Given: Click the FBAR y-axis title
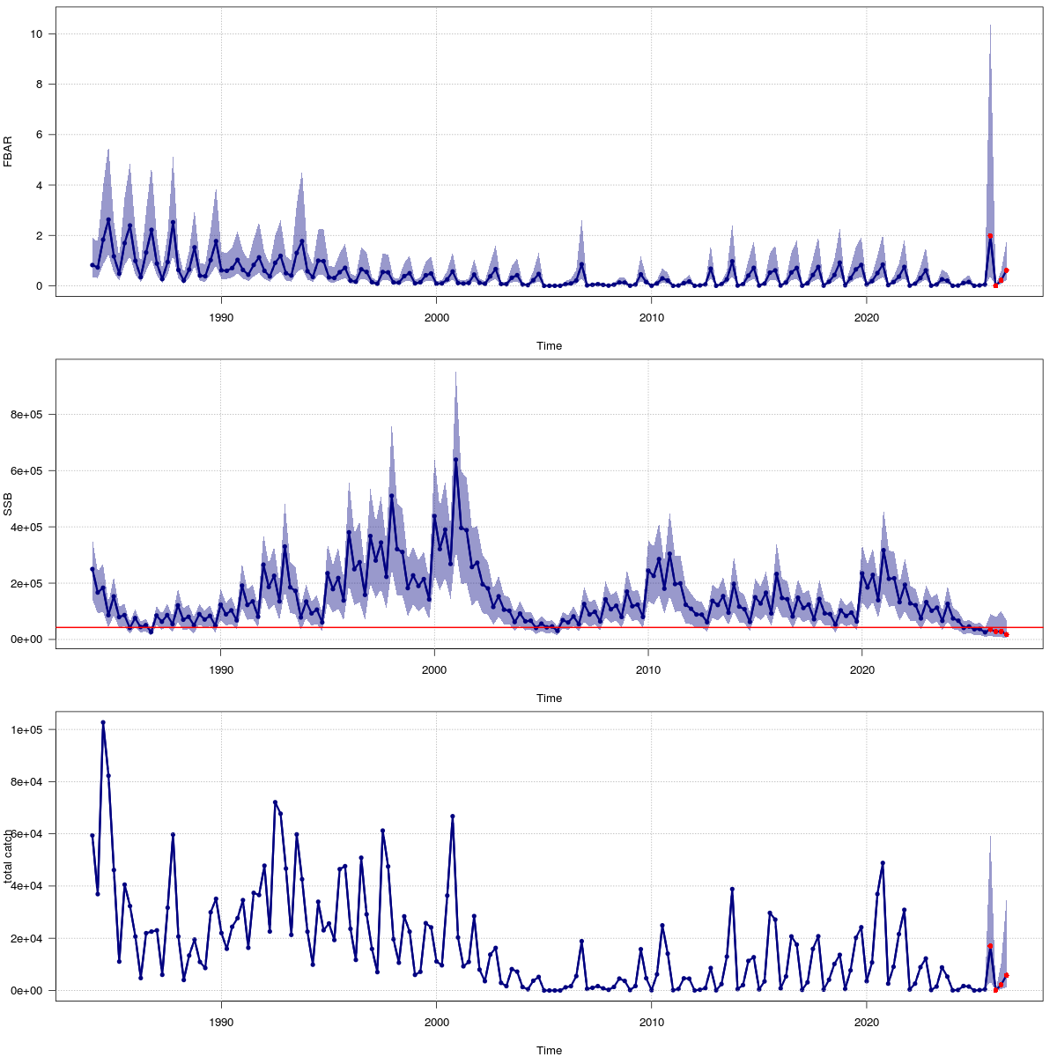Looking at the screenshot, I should [8, 152].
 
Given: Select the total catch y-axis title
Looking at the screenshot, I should [8, 856].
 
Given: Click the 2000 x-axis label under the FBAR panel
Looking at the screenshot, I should [436, 317].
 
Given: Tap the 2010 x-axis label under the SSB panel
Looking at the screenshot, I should [648, 669].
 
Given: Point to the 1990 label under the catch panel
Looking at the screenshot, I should [221, 1022].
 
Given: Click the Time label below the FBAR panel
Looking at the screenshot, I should [549, 346].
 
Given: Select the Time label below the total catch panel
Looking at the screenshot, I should [549, 1050].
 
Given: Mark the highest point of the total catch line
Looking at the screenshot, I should [103, 722].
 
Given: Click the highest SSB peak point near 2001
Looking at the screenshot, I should [455, 460].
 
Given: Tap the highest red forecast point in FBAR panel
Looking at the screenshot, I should [990, 236].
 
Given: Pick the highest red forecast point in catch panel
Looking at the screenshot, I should [990, 945].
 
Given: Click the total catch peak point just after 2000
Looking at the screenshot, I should [453, 817].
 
